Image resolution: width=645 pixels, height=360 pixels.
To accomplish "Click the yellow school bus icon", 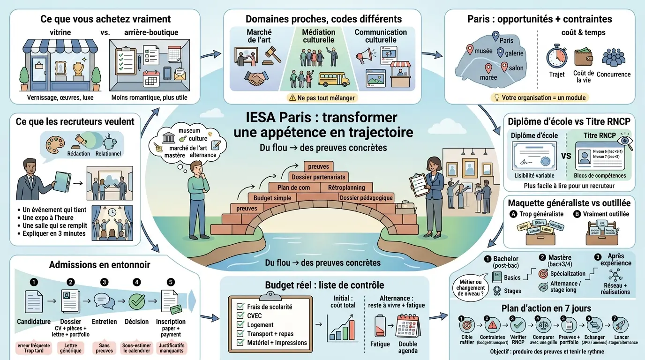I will [x=333, y=79].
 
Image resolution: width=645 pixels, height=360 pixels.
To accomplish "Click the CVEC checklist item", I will [x=255, y=315].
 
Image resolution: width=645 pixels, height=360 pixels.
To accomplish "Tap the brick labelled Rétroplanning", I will [x=346, y=187].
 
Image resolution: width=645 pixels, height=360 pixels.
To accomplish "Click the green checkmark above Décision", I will [x=136, y=300].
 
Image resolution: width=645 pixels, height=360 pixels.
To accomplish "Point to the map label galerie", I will [x=514, y=53].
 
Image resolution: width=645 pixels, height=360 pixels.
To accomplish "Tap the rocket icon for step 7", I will [x=620, y=324].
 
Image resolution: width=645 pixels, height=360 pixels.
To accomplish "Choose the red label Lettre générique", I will [x=71, y=347].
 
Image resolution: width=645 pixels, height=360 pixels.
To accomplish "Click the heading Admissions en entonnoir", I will [x=100, y=265].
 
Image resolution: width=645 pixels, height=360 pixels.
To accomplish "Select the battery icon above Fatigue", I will [x=380, y=326].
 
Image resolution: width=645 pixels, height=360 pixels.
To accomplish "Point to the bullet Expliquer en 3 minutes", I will [x=54, y=233].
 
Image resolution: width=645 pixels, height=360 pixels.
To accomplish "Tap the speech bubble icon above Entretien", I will [x=103, y=300].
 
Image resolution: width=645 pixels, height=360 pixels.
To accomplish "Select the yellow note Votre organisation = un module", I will [x=540, y=97].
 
